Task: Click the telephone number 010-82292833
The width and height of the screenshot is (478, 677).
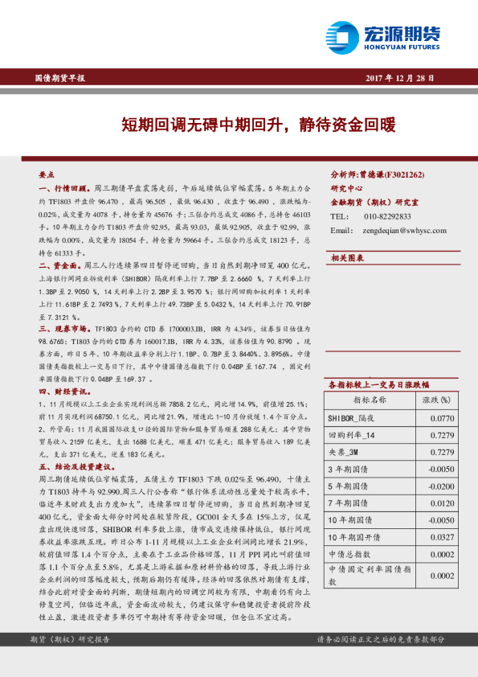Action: click(x=388, y=216)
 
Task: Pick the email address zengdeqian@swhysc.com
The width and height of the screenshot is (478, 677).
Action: click(x=399, y=231)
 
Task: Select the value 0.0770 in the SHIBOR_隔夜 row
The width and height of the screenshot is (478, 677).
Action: click(x=442, y=418)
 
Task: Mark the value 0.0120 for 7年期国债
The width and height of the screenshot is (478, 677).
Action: click(x=442, y=503)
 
